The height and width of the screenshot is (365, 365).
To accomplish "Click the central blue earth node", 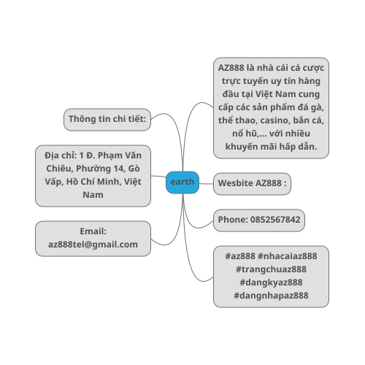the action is (x=182, y=182).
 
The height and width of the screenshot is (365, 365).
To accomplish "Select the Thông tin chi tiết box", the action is (x=107, y=120).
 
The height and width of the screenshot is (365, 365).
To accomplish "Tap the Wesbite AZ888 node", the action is (x=252, y=184).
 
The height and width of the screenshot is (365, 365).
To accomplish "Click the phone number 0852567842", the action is (x=275, y=220).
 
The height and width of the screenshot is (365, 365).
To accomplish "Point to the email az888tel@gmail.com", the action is (x=93, y=245).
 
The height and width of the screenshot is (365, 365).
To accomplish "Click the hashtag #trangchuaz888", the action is (x=271, y=269).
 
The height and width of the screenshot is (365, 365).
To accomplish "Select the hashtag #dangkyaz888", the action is (x=271, y=283).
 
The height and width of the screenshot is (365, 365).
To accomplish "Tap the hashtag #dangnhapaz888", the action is (x=271, y=296).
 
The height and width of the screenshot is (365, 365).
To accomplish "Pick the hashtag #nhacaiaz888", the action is (x=288, y=256).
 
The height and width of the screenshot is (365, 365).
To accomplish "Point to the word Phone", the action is (x=233, y=220).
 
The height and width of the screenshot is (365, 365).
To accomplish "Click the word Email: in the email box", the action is (x=93, y=231).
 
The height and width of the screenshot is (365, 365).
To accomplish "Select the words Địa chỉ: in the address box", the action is (x=61, y=155).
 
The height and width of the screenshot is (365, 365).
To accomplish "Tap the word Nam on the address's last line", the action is (x=93, y=195).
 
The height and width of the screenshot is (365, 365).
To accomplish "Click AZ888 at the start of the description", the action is (x=231, y=68).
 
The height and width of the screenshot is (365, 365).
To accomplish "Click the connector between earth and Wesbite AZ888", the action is (x=206, y=184).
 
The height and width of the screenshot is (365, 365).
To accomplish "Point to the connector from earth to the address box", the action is (x=158, y=177).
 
